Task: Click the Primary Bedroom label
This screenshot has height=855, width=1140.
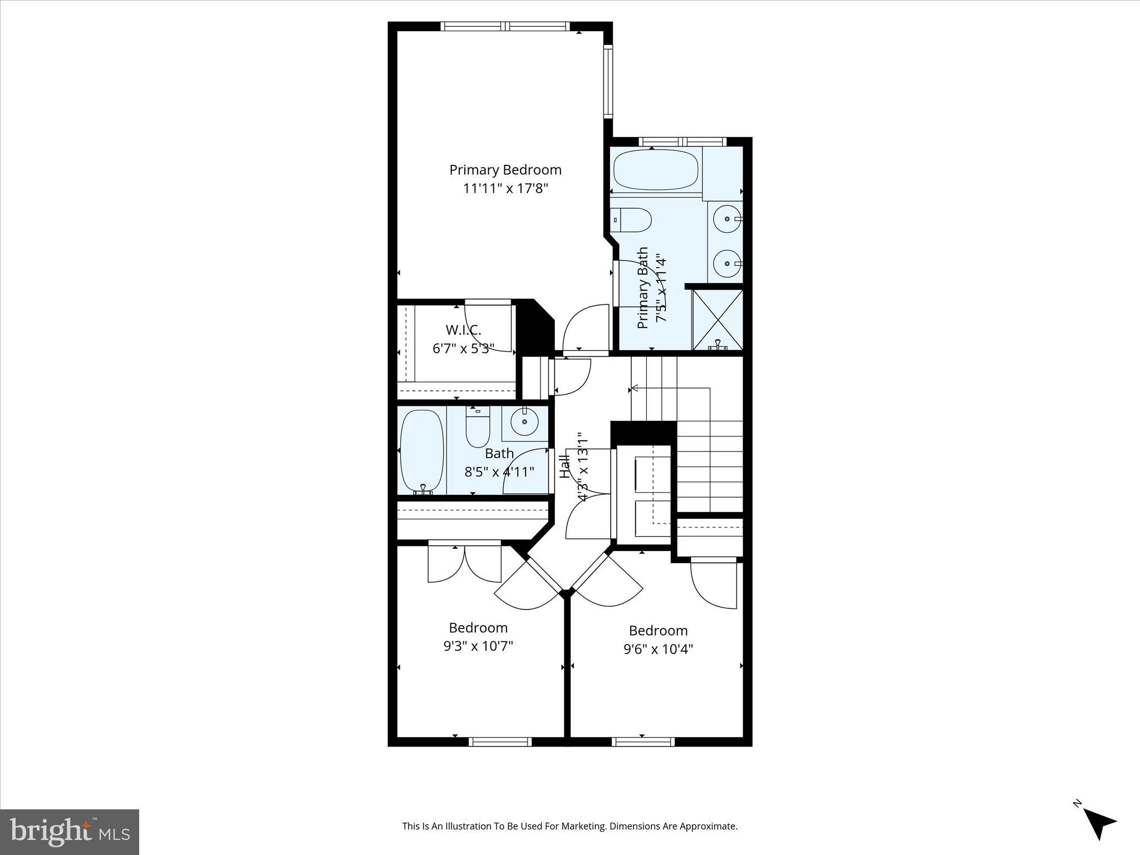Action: tap(505, 170)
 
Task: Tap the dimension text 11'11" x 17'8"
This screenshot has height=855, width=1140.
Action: tap(505, 188)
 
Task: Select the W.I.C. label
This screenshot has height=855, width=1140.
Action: tap(463, 330)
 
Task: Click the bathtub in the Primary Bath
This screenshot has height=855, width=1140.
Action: tap(656, 169)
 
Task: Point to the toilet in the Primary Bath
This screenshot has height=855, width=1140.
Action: tap(631, 220)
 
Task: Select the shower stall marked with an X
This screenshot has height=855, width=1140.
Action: tap(718, 320)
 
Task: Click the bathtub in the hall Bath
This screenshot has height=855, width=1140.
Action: tap(422, 451)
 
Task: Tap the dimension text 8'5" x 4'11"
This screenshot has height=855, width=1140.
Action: tap(499, 472)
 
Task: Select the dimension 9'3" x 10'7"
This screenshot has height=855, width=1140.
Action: tap(478, 646)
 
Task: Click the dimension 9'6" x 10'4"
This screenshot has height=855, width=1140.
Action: tap(658, 649)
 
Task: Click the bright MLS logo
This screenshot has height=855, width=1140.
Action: tap(70, 832)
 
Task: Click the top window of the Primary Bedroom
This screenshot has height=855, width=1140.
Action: tap(505, 26)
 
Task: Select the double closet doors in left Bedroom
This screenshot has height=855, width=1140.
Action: tap(464, 563)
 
